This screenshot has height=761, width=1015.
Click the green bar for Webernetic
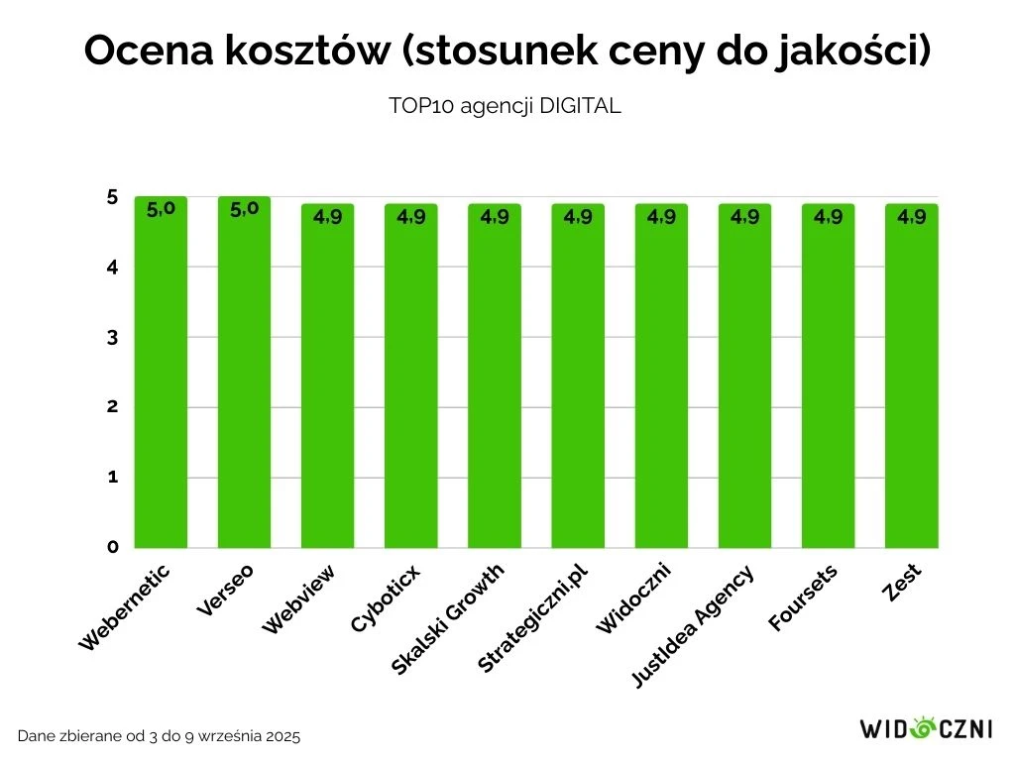point(161,377)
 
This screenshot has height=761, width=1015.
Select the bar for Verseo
point(244,377)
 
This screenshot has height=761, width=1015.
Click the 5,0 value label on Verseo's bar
point(244,209)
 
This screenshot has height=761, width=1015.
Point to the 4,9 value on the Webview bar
point(327,217)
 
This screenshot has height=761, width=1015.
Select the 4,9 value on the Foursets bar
point(828,217)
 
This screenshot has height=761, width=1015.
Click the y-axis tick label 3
point(112,338)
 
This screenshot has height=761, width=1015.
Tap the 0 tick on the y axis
point(112,547)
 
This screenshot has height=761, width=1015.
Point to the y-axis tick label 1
point(112,477)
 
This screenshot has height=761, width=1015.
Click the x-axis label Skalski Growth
point(448,619)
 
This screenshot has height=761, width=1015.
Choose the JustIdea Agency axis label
point(694,625)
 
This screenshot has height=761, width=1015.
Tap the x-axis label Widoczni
point(634,598)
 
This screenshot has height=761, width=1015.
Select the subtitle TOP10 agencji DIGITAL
point(505,107)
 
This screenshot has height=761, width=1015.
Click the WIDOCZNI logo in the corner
point(926,730)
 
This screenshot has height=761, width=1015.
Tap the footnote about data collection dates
point(159,736)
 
